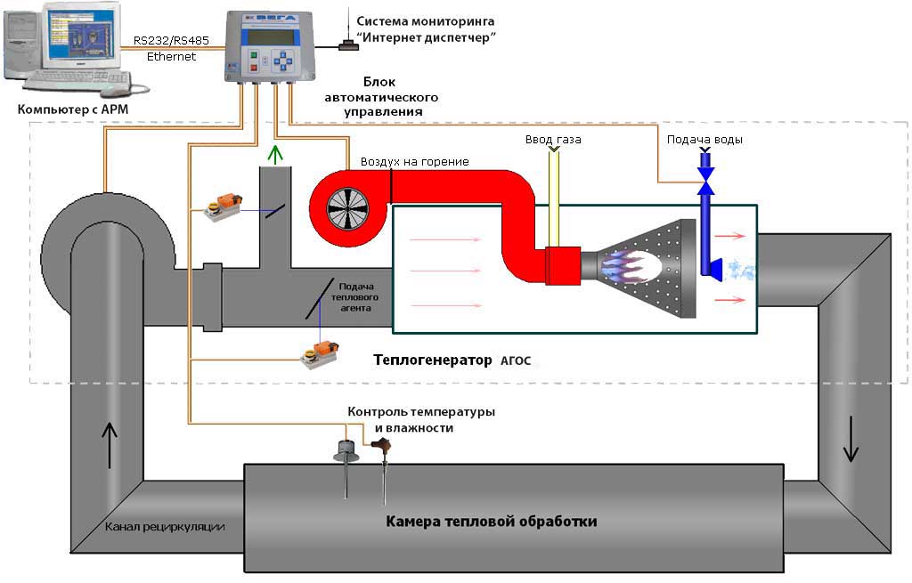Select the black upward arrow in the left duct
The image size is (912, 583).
(110, 445)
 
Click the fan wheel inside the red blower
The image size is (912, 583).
(348, 208)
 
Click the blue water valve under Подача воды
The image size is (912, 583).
(705, 180)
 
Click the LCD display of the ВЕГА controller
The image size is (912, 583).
(271, 36)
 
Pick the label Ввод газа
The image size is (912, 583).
(553, 140)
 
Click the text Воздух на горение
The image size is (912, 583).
(415, 162)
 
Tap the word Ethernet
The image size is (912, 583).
(171, 56)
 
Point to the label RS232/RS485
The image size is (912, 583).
(171, 41)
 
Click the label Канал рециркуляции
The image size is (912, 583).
(165, 527)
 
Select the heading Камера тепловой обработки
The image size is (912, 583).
(492, 521)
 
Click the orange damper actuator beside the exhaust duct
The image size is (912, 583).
(224, 207)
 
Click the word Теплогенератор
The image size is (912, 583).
(432, 360)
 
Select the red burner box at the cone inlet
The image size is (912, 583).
(563, 265)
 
